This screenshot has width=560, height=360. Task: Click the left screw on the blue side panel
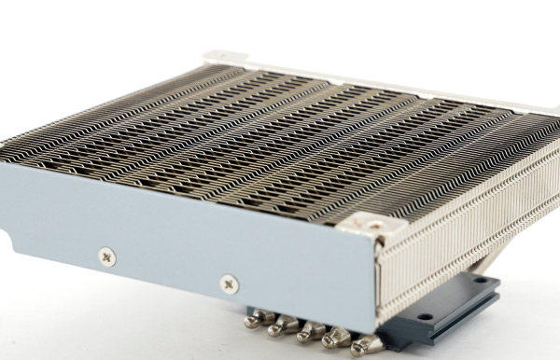(x=108, y=254)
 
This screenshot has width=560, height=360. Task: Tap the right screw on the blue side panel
(x=228, y=282)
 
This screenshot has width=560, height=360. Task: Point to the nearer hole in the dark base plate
(x=425, y=318)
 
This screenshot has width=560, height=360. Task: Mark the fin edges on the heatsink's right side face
(x=467, y=224)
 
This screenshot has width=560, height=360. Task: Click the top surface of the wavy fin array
(x=280, y=140)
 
